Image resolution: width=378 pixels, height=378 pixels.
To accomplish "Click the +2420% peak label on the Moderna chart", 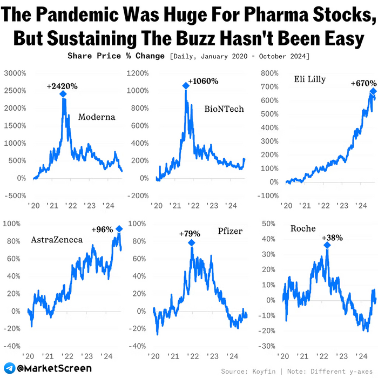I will (x=62, y=86).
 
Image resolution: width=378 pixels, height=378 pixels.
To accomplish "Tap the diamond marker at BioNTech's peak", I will (x=186, y=85).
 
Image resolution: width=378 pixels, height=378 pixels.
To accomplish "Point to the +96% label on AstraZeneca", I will (x=102, y=229).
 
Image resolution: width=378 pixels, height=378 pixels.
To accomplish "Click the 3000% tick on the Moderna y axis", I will (x=15, y=73).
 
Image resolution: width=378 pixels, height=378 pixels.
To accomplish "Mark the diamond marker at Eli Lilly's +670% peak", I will (x=373, y=92).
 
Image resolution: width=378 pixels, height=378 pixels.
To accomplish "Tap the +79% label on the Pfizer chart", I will (x=190, y=234).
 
